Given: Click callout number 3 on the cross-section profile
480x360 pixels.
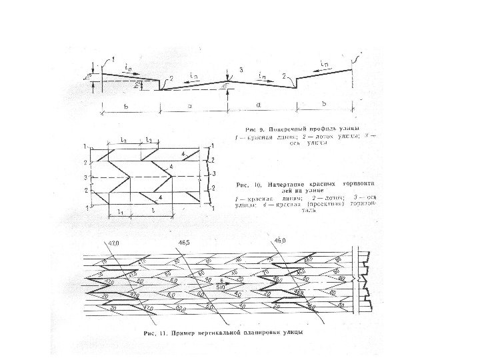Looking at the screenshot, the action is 241,69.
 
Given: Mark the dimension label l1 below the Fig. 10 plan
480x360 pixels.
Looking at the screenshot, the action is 120,211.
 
